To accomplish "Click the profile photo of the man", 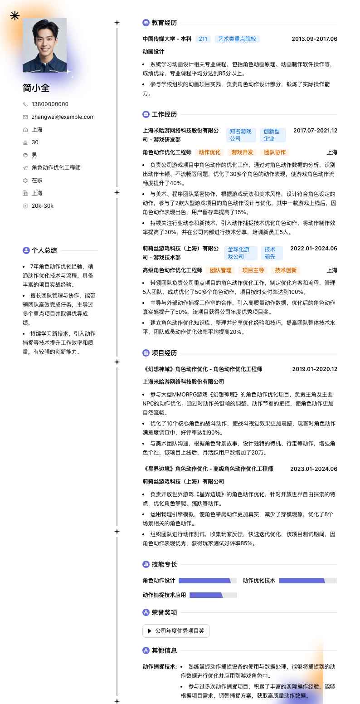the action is pyautogui.click(x=44, y=45).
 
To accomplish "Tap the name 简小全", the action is pyautogui.click(x=36, y=88).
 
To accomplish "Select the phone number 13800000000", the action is pyautogui.click(x=50, y=104).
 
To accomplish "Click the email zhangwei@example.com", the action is pyautogui.click(x=63, y=117).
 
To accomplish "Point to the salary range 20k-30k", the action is pyautogui.click(x=42, y=206).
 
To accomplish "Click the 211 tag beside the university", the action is pyautogui.click(x=203, y=39).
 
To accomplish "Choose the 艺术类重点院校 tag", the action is pyautogui.click(x=237, y=39).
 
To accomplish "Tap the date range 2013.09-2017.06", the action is pyautogui.click(x=314, y=39).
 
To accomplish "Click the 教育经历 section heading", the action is pyautogui.click(x=164, y=23).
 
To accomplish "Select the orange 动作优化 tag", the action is pyautogui.click(x=209, y=152).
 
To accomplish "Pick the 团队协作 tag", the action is pyautogui.click(x=275, y=152).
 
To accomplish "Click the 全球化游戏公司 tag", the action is pyautogui.click(x=240, y=253).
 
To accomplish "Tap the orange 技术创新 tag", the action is pyautogui.click(x=286, y=270).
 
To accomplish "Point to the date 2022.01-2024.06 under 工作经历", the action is pyautogui.click(x=314, y=249).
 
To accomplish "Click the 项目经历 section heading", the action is pyautogui.click(x=164, y=353).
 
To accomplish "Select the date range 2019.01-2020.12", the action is pyautogui.click(x=315, y=369).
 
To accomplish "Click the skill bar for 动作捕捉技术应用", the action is pyautogui.click(x=213, y=595).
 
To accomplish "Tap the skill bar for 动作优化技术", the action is pyautogui.click(x=307, y=581).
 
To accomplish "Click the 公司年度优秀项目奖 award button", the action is pyautogui.click(x=176, y=631).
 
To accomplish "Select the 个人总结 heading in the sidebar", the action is pyautogui.click(x=44, y=250).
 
